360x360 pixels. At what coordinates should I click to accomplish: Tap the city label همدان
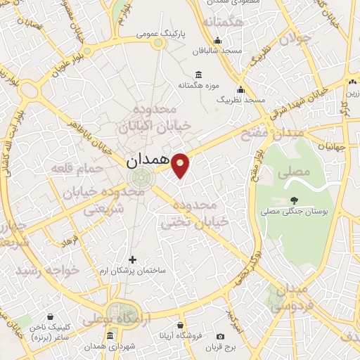pos(148,161)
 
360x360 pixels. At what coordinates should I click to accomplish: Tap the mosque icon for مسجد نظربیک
pos(242,89)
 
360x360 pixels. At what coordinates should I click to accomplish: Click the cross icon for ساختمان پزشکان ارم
pos(132,259)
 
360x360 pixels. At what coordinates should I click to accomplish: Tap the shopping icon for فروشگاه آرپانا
pos(181,326)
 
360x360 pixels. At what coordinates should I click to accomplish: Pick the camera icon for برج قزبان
pos(220,336)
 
